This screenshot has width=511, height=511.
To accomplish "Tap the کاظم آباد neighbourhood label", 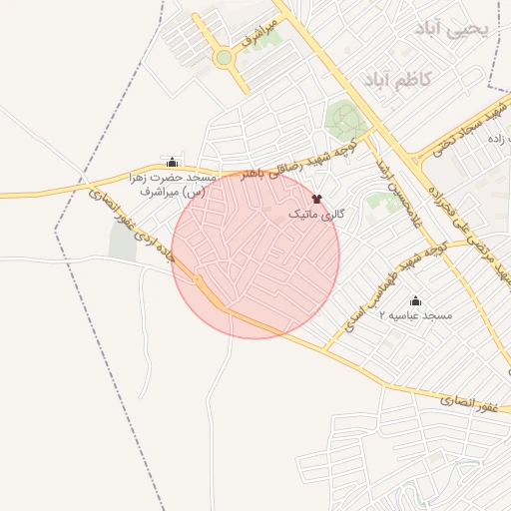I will tap(397, 78).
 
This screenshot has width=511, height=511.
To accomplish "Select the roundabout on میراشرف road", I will tap(224, 58).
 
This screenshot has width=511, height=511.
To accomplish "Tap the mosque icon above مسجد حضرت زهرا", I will tap(173, 162).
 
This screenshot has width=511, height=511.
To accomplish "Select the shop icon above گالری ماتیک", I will tap(317, 199).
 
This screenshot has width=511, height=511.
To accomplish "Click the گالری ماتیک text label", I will tap(316, 215).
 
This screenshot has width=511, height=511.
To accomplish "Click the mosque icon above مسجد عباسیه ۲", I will tap(415, 300).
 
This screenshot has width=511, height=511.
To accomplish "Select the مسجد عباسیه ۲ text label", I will tap(415, 315).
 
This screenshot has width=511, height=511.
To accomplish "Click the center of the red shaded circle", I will tap(255, 255).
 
